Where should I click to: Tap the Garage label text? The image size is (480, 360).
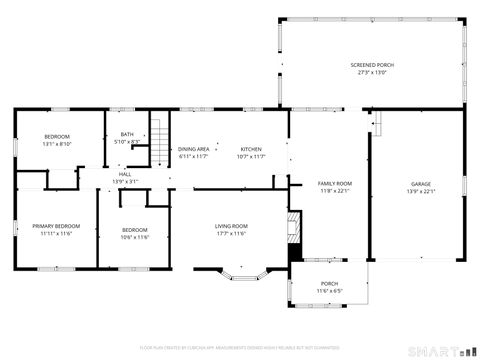pos(421,184)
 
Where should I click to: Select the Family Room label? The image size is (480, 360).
pos(335,184)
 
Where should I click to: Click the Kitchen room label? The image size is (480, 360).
pos(251,149)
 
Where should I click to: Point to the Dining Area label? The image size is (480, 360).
pos(194,149)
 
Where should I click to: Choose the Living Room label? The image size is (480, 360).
pos(230,226)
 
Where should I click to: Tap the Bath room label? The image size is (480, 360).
pos(127,134)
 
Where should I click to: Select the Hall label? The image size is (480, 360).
pos(125,174)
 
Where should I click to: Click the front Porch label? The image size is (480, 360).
pos(329,284)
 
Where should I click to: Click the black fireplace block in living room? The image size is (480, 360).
pos(293,245)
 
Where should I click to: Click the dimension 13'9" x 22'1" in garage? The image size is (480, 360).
pos(421,191)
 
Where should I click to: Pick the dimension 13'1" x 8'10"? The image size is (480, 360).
pos(57,143)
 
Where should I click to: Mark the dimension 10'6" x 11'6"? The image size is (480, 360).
pos(135,237)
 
